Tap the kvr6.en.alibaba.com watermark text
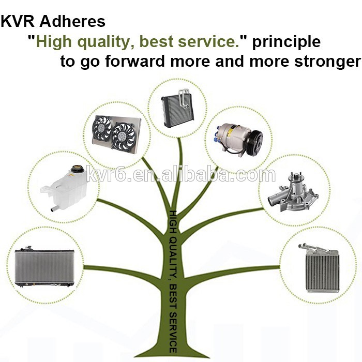click(181, 174)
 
